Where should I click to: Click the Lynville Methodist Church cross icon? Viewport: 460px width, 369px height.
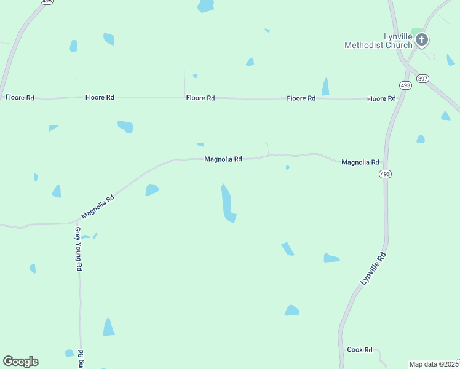coord(422,41)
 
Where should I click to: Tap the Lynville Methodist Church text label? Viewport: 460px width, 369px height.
coord(379,41)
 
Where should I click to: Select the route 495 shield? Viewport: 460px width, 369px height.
coord(47,2)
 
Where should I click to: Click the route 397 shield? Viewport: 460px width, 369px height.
coord(422,78)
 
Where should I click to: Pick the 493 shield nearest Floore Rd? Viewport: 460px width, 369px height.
coord(405,85)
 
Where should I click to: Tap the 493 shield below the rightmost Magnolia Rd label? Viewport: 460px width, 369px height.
coord(386,174)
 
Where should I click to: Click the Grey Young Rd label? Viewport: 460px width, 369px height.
coord(79,249)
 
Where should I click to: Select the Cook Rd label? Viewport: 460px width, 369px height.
coord(360,350)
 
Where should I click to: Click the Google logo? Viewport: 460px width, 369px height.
coord(20,362)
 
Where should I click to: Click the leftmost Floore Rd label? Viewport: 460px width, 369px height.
coord(20,97)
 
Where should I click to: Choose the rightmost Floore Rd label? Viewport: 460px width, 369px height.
coord(381,98)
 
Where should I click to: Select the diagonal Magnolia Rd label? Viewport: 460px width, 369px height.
coord(98,207)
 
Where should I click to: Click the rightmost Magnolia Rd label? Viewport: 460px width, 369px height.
coord(360,162)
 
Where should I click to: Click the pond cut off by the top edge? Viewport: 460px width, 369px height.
coord(205,6)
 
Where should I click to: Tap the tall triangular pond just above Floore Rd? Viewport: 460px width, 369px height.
coord(325,87)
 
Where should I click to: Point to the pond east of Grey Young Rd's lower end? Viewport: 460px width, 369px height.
coord(109,328)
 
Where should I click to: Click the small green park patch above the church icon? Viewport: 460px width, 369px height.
coord(417,30)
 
